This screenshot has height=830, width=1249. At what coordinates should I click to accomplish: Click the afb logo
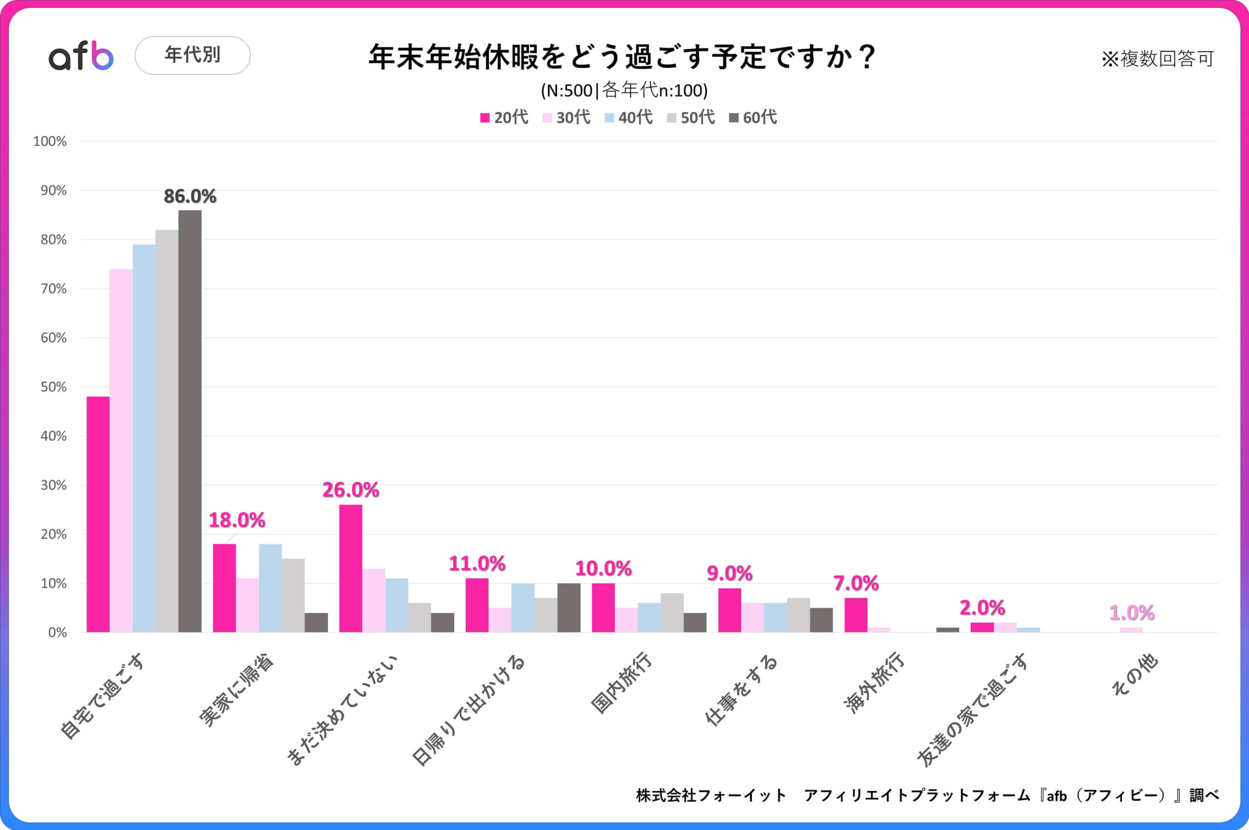[x=81, y=56]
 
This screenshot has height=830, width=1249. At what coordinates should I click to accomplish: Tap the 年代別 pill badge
[x=193, y=55]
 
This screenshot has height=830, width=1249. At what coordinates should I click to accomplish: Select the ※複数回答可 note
[x=1157, y=59]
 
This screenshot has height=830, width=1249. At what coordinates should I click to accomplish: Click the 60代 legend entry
[x=753, y=117]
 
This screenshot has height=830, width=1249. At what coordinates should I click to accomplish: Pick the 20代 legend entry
[x=504, y=117]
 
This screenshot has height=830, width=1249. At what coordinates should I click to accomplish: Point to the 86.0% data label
[x=190, y=196]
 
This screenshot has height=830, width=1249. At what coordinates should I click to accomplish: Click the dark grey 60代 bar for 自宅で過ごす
[x=190, y=421]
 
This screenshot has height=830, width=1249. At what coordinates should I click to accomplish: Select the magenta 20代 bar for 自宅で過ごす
[x=98, y=514]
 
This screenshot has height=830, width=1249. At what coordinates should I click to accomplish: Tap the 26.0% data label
[x=351, y=490]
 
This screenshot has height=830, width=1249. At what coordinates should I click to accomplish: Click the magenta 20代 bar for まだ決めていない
[x=351, y=568]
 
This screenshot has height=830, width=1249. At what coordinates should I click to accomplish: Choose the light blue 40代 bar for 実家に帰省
[x=270, y=588]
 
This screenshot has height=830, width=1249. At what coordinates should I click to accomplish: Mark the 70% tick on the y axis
[x=54, y=289]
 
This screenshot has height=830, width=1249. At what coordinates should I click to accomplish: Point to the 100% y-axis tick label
[x=50, y=142]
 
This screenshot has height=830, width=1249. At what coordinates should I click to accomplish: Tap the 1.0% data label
[x=1132, y=613]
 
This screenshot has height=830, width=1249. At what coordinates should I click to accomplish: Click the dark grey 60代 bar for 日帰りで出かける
[x=569, y=607]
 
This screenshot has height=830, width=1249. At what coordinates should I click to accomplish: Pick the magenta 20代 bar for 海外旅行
[x=856, y=615]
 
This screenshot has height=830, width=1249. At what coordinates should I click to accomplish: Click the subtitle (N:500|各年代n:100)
[x=624, y=91]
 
